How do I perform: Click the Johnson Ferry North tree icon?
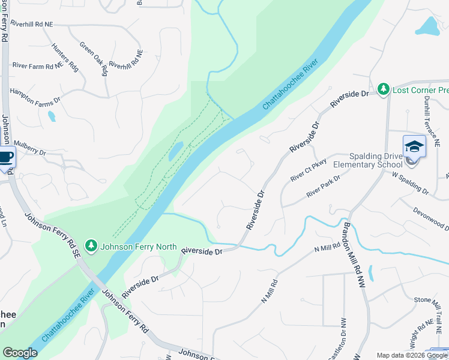[x=91, y=245]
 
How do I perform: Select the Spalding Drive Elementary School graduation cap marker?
[x=414, y=146]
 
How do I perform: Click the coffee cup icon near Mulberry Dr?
[x=5, y=158]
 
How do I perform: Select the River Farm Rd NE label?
[x=37, y=65]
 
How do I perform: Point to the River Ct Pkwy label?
[x=307, y=170]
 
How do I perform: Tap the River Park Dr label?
[x=323, y=186]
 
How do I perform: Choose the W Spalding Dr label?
[x=411, y=183]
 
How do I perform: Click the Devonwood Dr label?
[x=431, y=218]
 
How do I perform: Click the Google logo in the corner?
[x=20, y=352]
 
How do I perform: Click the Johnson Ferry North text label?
[x=139, y=246]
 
